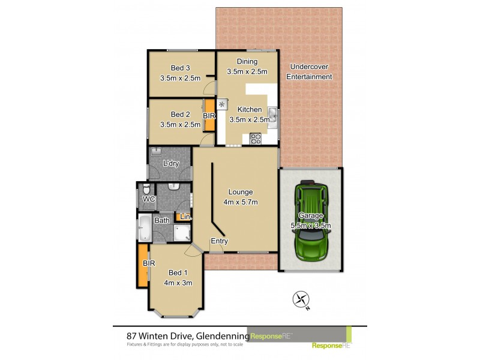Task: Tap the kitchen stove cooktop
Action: pos(255,139)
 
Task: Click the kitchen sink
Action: pos(272,114)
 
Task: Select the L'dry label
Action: pos(172,163)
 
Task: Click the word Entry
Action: pos(219,241)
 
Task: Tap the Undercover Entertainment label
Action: pos(309,71)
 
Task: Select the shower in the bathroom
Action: pos(182,232)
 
